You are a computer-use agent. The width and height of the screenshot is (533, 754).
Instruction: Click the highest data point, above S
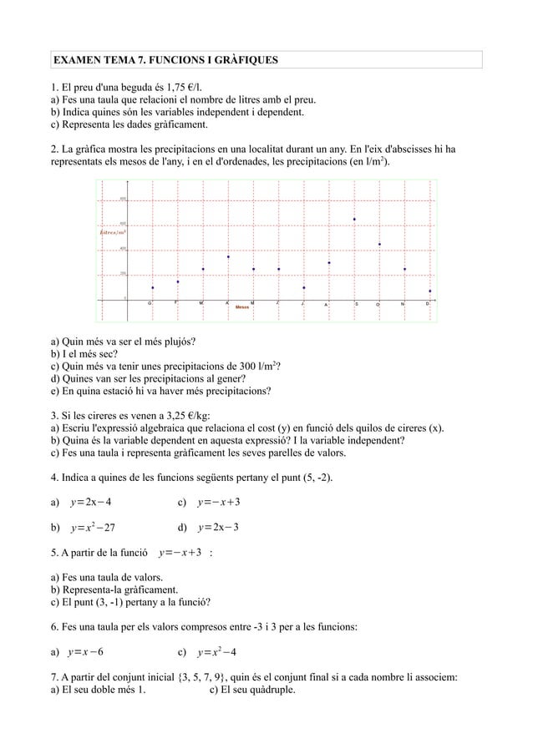354,220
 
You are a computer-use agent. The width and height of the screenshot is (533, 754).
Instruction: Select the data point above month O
379,244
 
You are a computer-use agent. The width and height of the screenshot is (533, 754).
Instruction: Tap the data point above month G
152,287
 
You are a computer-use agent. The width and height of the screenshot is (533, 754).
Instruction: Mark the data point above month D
429,291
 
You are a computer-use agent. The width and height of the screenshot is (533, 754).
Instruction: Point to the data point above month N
404,269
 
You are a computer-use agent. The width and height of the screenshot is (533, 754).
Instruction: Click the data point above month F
178,281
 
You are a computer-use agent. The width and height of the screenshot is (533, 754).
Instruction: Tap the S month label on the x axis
357,304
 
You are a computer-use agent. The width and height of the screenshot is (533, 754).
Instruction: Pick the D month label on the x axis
428,304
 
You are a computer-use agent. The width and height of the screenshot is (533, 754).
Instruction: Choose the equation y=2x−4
92,503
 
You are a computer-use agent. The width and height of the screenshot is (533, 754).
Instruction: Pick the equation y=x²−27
95,528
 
